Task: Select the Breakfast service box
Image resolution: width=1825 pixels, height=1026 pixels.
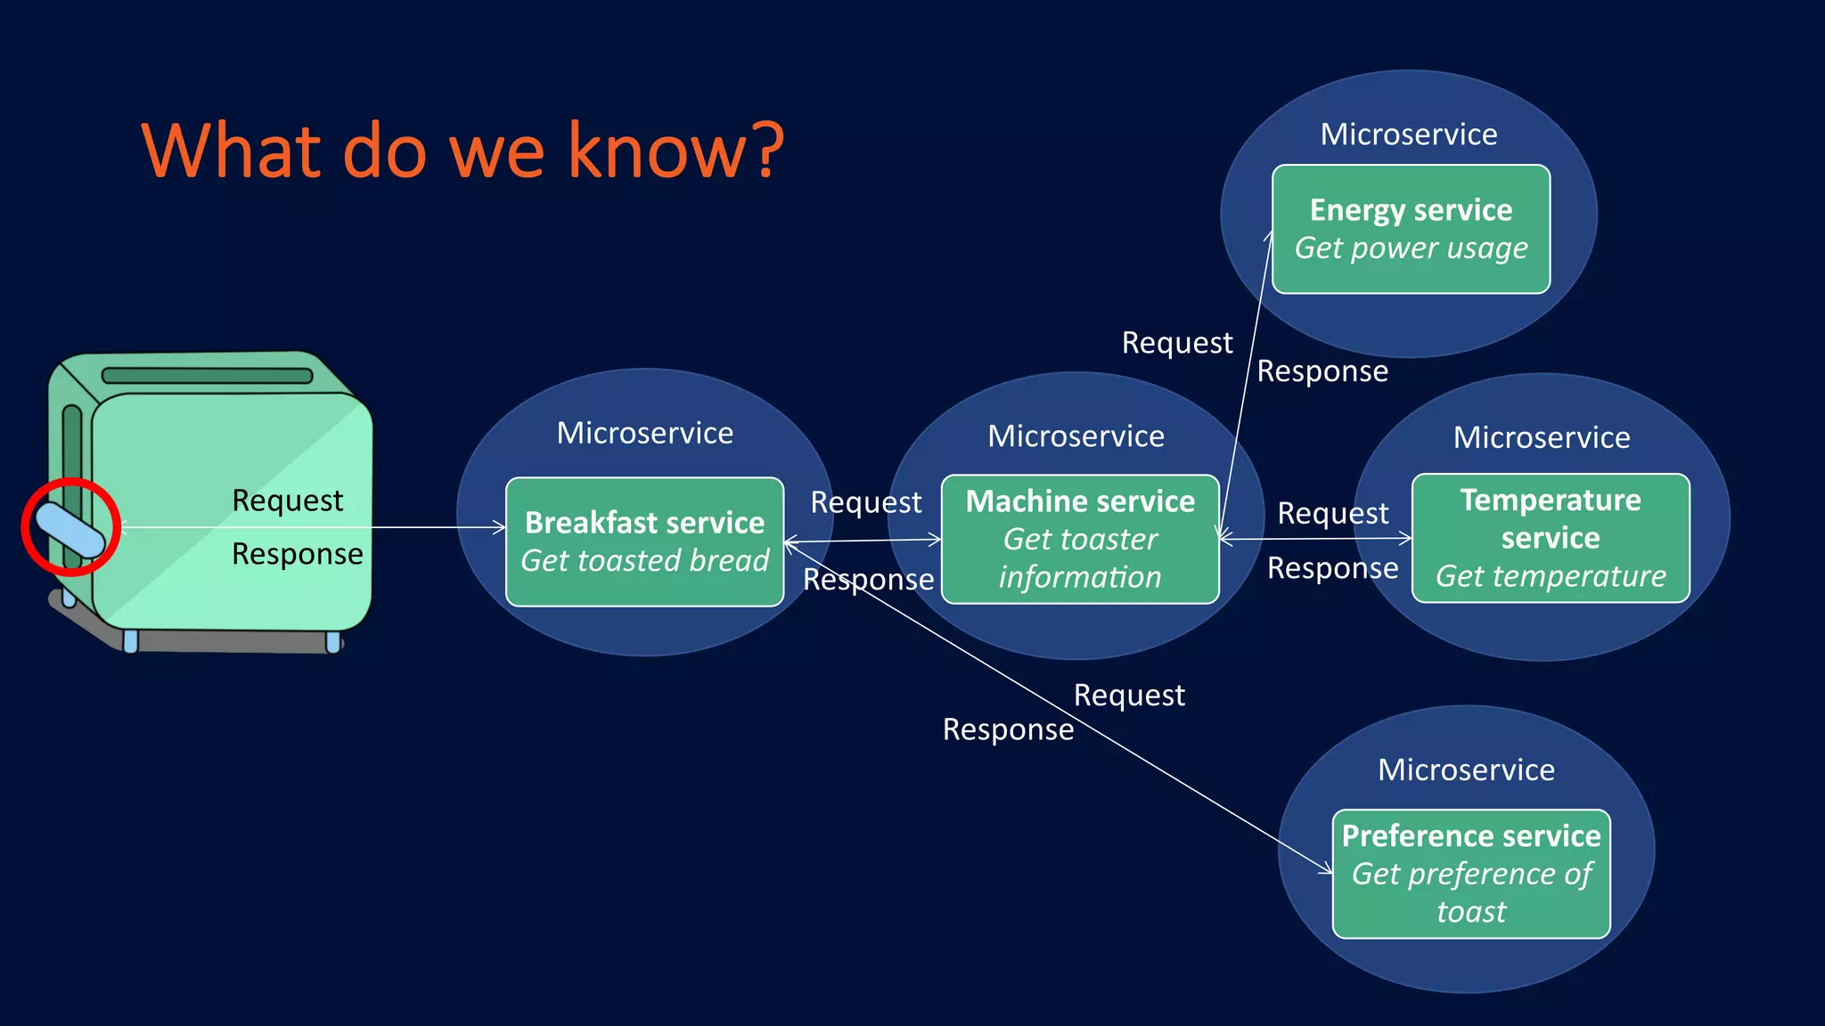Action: point(644,541)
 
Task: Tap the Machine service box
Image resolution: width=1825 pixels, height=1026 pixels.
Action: point(1080,539)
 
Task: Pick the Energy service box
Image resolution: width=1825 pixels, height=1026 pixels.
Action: point(1411,229)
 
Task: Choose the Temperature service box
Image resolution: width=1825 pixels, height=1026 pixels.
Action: point(1551,538)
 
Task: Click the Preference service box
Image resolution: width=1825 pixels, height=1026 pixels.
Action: point(1471,874)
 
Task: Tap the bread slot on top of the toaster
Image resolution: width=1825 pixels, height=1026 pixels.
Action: point(208,375)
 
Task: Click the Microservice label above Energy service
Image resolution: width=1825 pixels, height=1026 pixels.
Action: point(1409,134)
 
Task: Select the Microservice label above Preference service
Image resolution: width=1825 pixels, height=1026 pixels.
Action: point(1466,769)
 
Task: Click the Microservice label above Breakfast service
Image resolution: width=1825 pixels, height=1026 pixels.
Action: point(644,433)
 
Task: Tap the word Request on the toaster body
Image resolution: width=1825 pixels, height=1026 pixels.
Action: point(287,501)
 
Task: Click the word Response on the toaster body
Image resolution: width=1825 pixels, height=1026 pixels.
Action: point(297,554)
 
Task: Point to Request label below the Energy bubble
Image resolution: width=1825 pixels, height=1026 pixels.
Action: point(1176,343)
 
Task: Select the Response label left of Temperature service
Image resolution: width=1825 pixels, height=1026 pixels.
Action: point(1332,568)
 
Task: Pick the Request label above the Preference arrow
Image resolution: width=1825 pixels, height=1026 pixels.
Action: point(1129,695)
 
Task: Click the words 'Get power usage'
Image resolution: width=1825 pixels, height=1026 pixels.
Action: point(1411,248)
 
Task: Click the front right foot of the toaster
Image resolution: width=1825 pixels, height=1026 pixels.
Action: point(332,641)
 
